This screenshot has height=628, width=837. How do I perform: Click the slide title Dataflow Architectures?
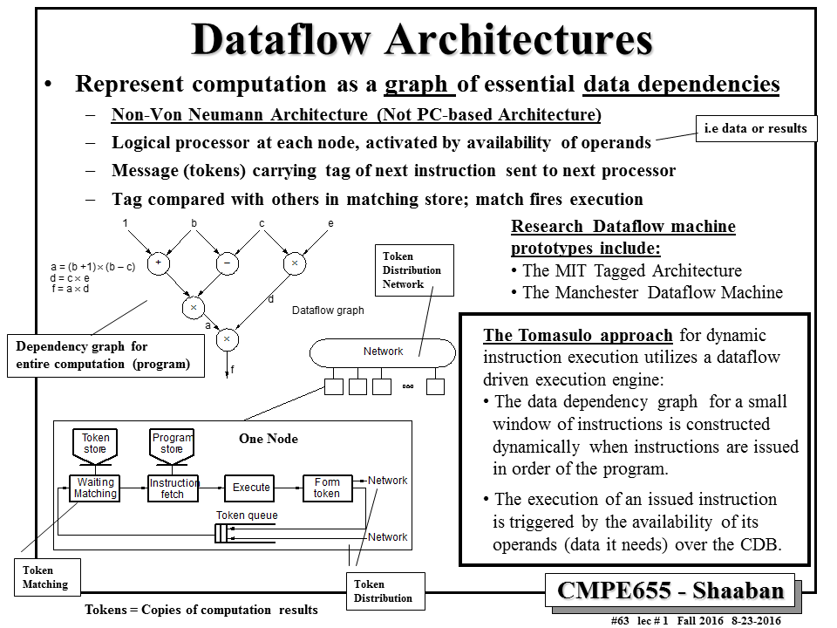tap(422, 39)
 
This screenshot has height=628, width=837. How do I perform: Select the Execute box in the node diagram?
tap(251, 488)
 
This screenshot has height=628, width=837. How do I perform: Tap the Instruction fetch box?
tap(174, 488)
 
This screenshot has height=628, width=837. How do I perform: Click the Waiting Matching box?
tap(95, 488)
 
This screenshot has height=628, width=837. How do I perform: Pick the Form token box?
tap(327, 488)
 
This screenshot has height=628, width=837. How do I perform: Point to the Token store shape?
tap(95, 444)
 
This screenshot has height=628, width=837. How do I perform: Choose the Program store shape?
tap(172, 444)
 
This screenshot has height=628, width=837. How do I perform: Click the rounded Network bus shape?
tap(383, 352)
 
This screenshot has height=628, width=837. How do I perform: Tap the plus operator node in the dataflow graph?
tap(159, 261)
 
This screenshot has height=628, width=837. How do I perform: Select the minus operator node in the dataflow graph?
tap(227, 261)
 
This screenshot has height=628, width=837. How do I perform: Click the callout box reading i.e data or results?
tap(756, 128)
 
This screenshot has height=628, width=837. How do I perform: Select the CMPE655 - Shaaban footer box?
tap(670, 590)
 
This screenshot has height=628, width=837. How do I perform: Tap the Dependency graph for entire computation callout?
tap(105, 356)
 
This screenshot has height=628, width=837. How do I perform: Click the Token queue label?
tap(247, 515)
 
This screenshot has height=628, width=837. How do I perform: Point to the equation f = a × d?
tap(71, 289)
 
